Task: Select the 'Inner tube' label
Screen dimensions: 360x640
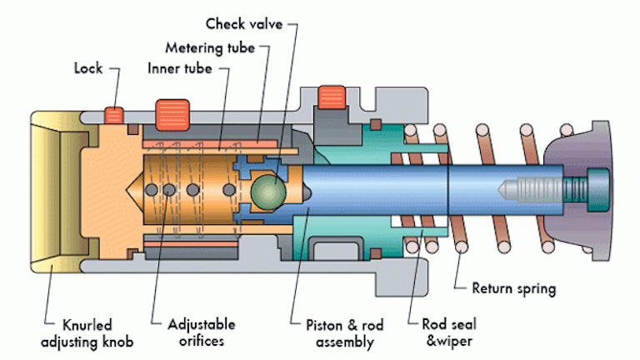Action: pyautogui.click(x=178, y=66)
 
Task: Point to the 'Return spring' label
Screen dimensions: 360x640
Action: pyautogui.click(x=513, y=289)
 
